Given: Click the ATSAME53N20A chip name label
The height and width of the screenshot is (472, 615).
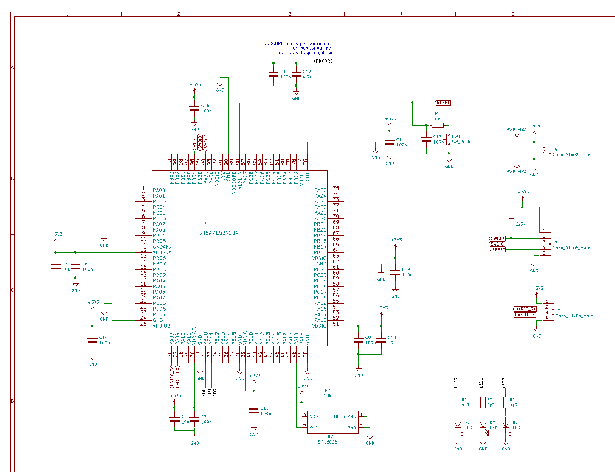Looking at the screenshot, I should [219, 233].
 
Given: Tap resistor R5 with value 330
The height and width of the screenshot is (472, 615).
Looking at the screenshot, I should [438, 125].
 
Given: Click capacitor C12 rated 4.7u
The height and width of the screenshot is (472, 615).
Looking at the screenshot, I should [296, 75].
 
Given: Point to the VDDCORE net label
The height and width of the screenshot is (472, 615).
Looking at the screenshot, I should [323, 61].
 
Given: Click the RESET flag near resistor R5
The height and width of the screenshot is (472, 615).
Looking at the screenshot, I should [443, 103].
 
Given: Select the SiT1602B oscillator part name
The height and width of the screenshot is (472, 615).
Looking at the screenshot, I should [327, 442].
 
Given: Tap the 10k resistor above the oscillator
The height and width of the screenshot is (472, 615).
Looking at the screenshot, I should [327, 402].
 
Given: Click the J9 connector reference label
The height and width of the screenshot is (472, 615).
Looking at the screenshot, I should [555, 149].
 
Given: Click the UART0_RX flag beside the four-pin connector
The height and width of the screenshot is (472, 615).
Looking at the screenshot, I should [525, 309].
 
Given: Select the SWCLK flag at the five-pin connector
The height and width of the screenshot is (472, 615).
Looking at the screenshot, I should [497, 238].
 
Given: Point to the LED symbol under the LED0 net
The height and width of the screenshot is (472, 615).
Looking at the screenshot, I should [458, 425].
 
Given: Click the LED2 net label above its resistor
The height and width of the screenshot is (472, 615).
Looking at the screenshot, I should [504, 382].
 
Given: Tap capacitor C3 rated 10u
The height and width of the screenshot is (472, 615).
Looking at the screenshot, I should [56, 266].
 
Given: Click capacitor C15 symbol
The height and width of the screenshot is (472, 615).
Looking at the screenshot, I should [254, 411].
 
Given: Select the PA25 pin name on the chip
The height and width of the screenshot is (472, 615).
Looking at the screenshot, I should [320, 190].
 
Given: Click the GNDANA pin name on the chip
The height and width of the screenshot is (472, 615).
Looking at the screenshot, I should [162, 247].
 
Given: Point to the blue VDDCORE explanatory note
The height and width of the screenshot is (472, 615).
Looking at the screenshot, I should [298, 48].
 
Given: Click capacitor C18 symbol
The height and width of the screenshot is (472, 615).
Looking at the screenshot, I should [395, 272].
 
